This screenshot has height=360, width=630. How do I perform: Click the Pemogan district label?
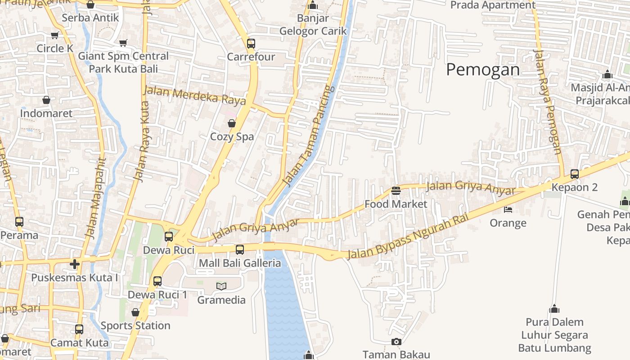point(483,70)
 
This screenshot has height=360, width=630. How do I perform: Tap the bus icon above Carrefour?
point(251,44)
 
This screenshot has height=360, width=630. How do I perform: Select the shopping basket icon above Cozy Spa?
point(232,123)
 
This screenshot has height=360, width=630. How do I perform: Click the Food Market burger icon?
point(396,191)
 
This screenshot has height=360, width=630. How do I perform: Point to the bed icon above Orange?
point(508,210)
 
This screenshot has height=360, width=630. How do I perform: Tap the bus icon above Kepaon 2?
point(575,174)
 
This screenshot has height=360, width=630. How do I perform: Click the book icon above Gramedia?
point(221,286)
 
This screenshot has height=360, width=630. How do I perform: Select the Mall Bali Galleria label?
point(240,263)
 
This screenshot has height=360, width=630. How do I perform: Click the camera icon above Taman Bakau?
point(396,342)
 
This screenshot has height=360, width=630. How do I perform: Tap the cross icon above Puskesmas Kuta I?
point(75,264)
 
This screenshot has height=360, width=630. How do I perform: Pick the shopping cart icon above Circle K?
point(55,35)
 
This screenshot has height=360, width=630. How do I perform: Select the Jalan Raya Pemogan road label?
point(547,101)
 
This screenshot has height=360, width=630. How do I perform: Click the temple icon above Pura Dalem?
point(554,309)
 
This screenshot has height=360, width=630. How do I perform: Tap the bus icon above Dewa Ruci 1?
point(157,281)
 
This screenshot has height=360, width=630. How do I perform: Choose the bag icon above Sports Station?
point(135,312)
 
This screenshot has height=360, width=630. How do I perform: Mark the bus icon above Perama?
point(19,222)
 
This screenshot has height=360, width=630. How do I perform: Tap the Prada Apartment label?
point(493,5)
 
